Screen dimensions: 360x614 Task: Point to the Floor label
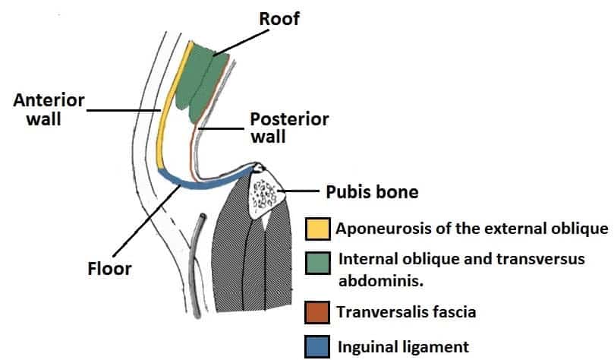tap(109, 268)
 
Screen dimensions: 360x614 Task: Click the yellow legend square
tap(317, 228)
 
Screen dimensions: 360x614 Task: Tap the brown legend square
tap(317, 311)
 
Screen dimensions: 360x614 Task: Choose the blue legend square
tap(317, 346)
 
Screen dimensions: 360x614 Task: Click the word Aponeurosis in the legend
tap(383, 228)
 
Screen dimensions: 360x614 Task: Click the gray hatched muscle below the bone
tap(250, 266)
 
